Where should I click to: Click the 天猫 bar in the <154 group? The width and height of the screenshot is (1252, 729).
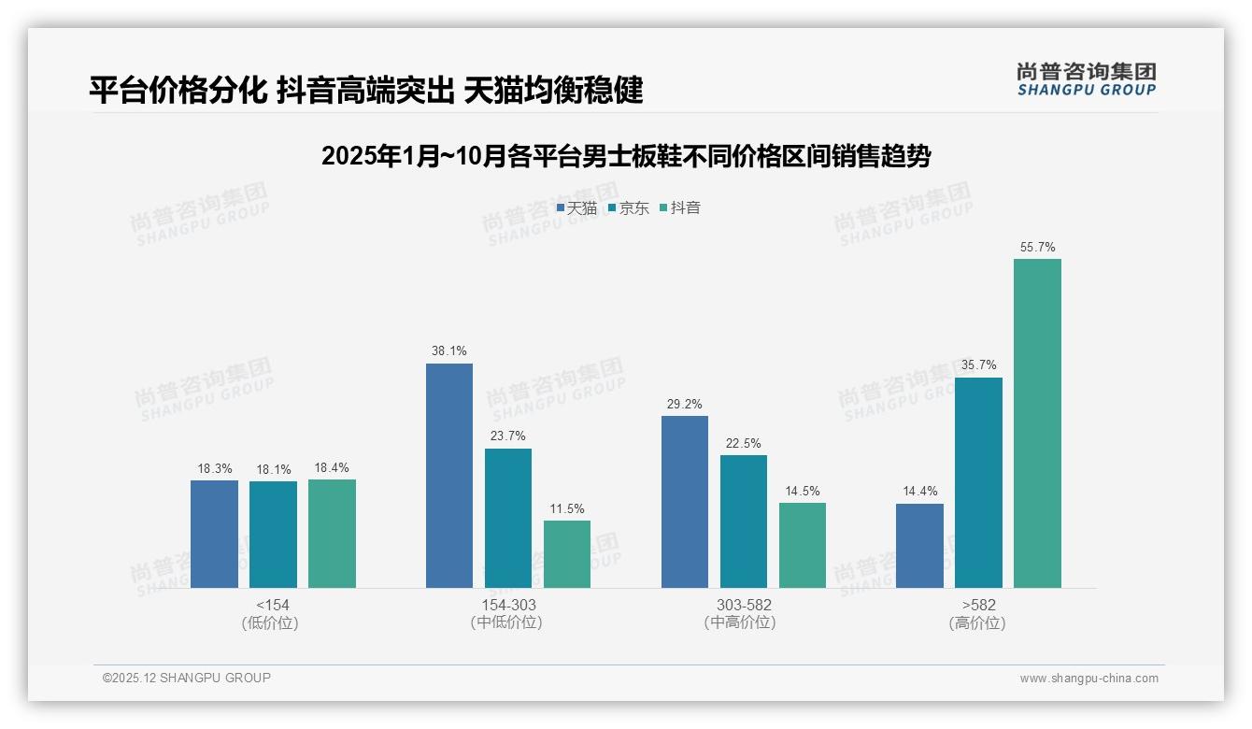click(x=214, y=534)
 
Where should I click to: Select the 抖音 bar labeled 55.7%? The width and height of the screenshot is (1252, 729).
click(x=1037, y=423)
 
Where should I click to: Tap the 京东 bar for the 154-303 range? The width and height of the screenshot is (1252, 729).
click(x=507, y=518)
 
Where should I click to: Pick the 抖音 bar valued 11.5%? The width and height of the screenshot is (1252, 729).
click(x=567, y=554)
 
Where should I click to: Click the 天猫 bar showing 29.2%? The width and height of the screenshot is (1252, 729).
click(x=685, y=502)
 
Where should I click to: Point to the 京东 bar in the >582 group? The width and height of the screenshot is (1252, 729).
click(x=978, y=482)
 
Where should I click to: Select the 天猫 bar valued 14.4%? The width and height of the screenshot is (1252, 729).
click(x=919, y=546)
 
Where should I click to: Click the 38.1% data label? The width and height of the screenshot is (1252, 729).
click(x=449, y=351)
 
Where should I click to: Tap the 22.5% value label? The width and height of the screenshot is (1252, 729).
click(x=743, y=443)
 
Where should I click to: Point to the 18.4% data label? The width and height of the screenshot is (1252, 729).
click(x=332, y=467)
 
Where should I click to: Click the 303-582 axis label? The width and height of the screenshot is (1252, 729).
click(x=744, y=605)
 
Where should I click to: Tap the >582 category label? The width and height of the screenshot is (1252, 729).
click(x=977, y=605)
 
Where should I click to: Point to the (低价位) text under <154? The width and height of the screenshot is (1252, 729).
click(x=270, y=622)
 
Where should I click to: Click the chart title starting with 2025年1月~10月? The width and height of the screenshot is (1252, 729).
click(x=625, y=156)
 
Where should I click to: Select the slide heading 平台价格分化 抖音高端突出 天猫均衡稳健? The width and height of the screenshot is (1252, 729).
click(x=366, y=90)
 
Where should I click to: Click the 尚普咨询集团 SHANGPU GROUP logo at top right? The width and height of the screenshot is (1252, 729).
click(x=1086, y=79)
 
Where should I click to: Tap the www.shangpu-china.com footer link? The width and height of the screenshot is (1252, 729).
click(x=1088, y=679)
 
